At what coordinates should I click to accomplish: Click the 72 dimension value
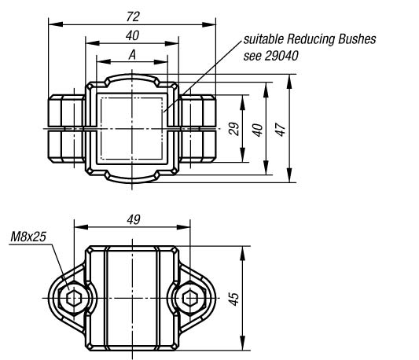point(133,17)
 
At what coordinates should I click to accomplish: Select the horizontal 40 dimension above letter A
point(132,36)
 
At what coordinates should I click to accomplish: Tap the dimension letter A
point(132,55)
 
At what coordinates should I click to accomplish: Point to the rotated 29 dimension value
point(233,129)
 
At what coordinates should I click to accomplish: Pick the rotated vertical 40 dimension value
point(258,130)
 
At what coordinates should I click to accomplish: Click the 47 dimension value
point(281,130)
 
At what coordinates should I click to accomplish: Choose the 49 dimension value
point(133,219)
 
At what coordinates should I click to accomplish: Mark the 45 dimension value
point(233,299)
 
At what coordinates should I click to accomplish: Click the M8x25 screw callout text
point(28,237)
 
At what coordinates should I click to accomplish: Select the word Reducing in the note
point(311,39)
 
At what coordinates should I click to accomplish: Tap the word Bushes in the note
point(357,39)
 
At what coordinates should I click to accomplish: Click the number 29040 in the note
point(281,56)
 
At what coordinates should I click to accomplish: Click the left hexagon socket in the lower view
point(74,298)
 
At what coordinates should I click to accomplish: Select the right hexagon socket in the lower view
point(190,298)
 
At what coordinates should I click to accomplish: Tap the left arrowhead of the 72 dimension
point(56,24)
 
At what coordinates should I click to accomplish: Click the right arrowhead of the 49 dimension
point(183,227)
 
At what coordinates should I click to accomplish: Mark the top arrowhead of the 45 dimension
point(243,253)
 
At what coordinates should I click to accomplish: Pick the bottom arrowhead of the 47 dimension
point(289,175)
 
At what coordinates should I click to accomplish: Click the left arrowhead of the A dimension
point(104,62)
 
